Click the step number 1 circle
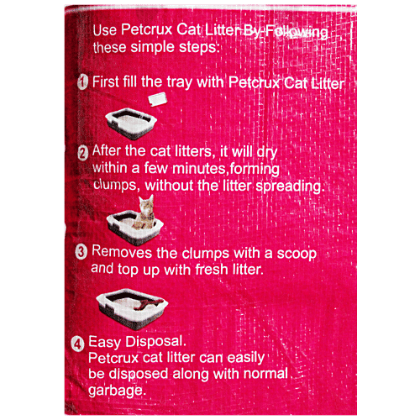tap(82, 82)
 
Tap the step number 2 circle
tap(82, 153)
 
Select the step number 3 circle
tap(82, 252)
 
